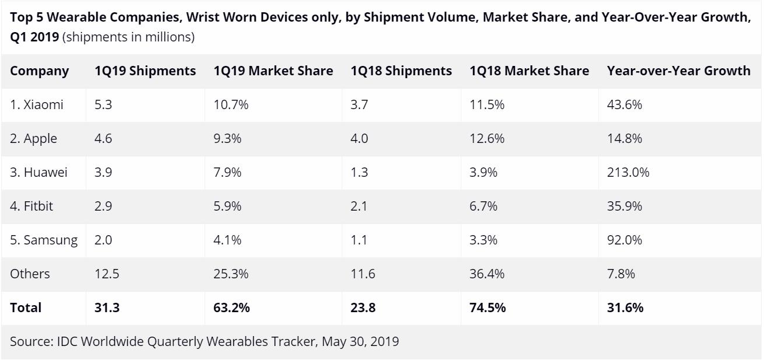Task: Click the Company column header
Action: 39,71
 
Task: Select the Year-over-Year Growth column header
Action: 678,71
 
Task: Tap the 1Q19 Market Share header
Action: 274,71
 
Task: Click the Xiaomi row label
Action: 37,105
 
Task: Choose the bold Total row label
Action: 26,308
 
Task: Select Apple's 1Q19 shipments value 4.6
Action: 103,139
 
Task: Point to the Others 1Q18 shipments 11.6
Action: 363,274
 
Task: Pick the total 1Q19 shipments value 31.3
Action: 107,308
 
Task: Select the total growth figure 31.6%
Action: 625,308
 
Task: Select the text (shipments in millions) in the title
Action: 128,37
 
